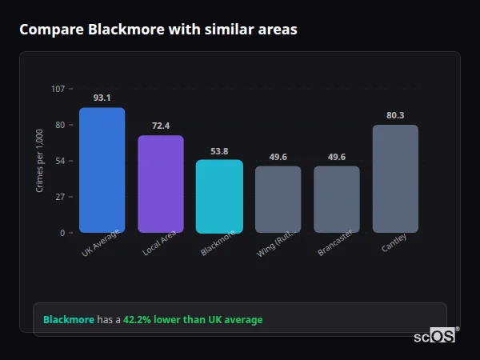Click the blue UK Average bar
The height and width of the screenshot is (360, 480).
pyautogui.click(x=102, y=170)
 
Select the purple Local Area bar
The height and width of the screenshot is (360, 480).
pyautogui.click(x=161, y=184)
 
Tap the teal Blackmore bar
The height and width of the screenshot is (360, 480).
pyautogui.click(x=219, y=197)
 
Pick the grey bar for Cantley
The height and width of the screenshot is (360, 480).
pyautogui.click(x=395, y=178)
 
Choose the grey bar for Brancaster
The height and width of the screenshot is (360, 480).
pyautogui.click(x=337, y=199)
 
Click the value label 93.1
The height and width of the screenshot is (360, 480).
pyautogui.click(x=102, y=98)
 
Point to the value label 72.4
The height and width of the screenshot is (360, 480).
pyautogui.click(x=161, y=126)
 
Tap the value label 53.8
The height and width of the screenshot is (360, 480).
pyautogui.click(x=219, y=150)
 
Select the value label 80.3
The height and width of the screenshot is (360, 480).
pyautogui.click(x=395, y=115)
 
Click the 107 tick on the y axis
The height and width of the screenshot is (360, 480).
pyautogui.click(x=58, y=88)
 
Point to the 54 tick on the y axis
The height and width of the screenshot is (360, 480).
pyautogui.click(x=60, y=161)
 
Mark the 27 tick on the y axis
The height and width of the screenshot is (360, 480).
pyautogui.click(x=60, y=197)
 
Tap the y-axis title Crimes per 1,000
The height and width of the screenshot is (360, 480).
pyautogui.click(x=40, y=161)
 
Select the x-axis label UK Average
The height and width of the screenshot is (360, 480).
pyautogui.click(x=100, y=243)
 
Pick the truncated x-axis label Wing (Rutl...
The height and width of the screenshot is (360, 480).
pyautogui.click(x=276, y=243)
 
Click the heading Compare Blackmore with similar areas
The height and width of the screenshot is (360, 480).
pyautogui.click(x=158, y=30)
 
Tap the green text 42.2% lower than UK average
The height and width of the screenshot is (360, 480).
pyautogui.click(x=192, y=320)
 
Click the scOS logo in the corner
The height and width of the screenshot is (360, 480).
pyautogui.click(x=434, y=337)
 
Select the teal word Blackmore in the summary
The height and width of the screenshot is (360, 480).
pyautogui.click(x=68, y=320)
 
